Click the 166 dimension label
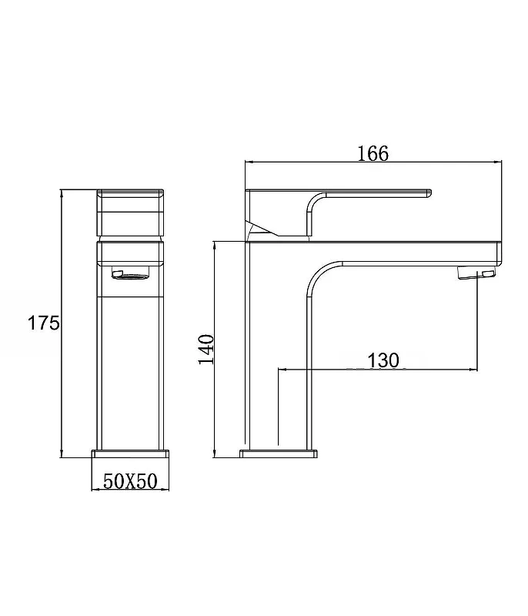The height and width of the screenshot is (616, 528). click(x=373, y=153)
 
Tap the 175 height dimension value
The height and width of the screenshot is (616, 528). click(x=44, y=323)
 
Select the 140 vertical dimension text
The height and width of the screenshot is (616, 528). click(x=206, y=350)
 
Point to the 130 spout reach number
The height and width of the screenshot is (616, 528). click(x=383, y=360)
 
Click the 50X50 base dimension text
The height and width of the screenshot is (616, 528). click(x=130, y=480)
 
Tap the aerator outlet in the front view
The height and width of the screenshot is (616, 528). click(x=131, y=274)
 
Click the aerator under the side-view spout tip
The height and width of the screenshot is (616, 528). click(x=476, y=273)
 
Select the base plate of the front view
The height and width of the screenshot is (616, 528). click(x=130, y=454)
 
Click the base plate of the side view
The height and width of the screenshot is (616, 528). click(x=279, y=454)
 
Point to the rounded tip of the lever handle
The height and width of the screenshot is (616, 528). click(x=429, y=193)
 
